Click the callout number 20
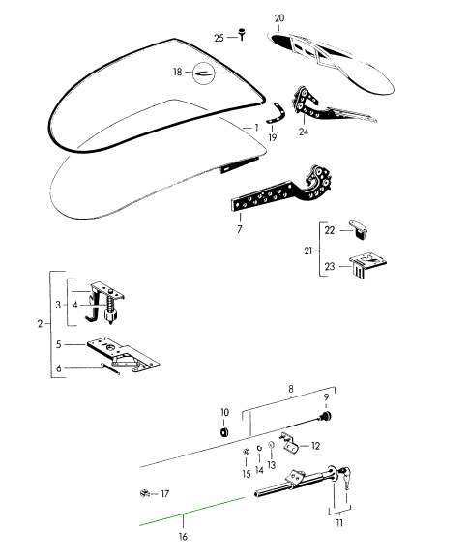coord(279,18)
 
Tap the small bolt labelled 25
coord(242,34)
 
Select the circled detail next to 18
coord(204,73)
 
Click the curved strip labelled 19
coord(278,113)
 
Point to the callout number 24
coord(304,132)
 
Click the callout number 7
coord(240,229)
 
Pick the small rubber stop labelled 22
coord(359,229)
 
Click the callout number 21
coord(307,250)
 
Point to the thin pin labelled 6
coord(110,368)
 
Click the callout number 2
coord(41,324)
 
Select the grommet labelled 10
coord(224,432)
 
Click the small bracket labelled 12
coord(290,443)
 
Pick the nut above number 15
coord(246,452)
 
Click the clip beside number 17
coord(144,493)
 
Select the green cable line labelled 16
coord(191,511)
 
